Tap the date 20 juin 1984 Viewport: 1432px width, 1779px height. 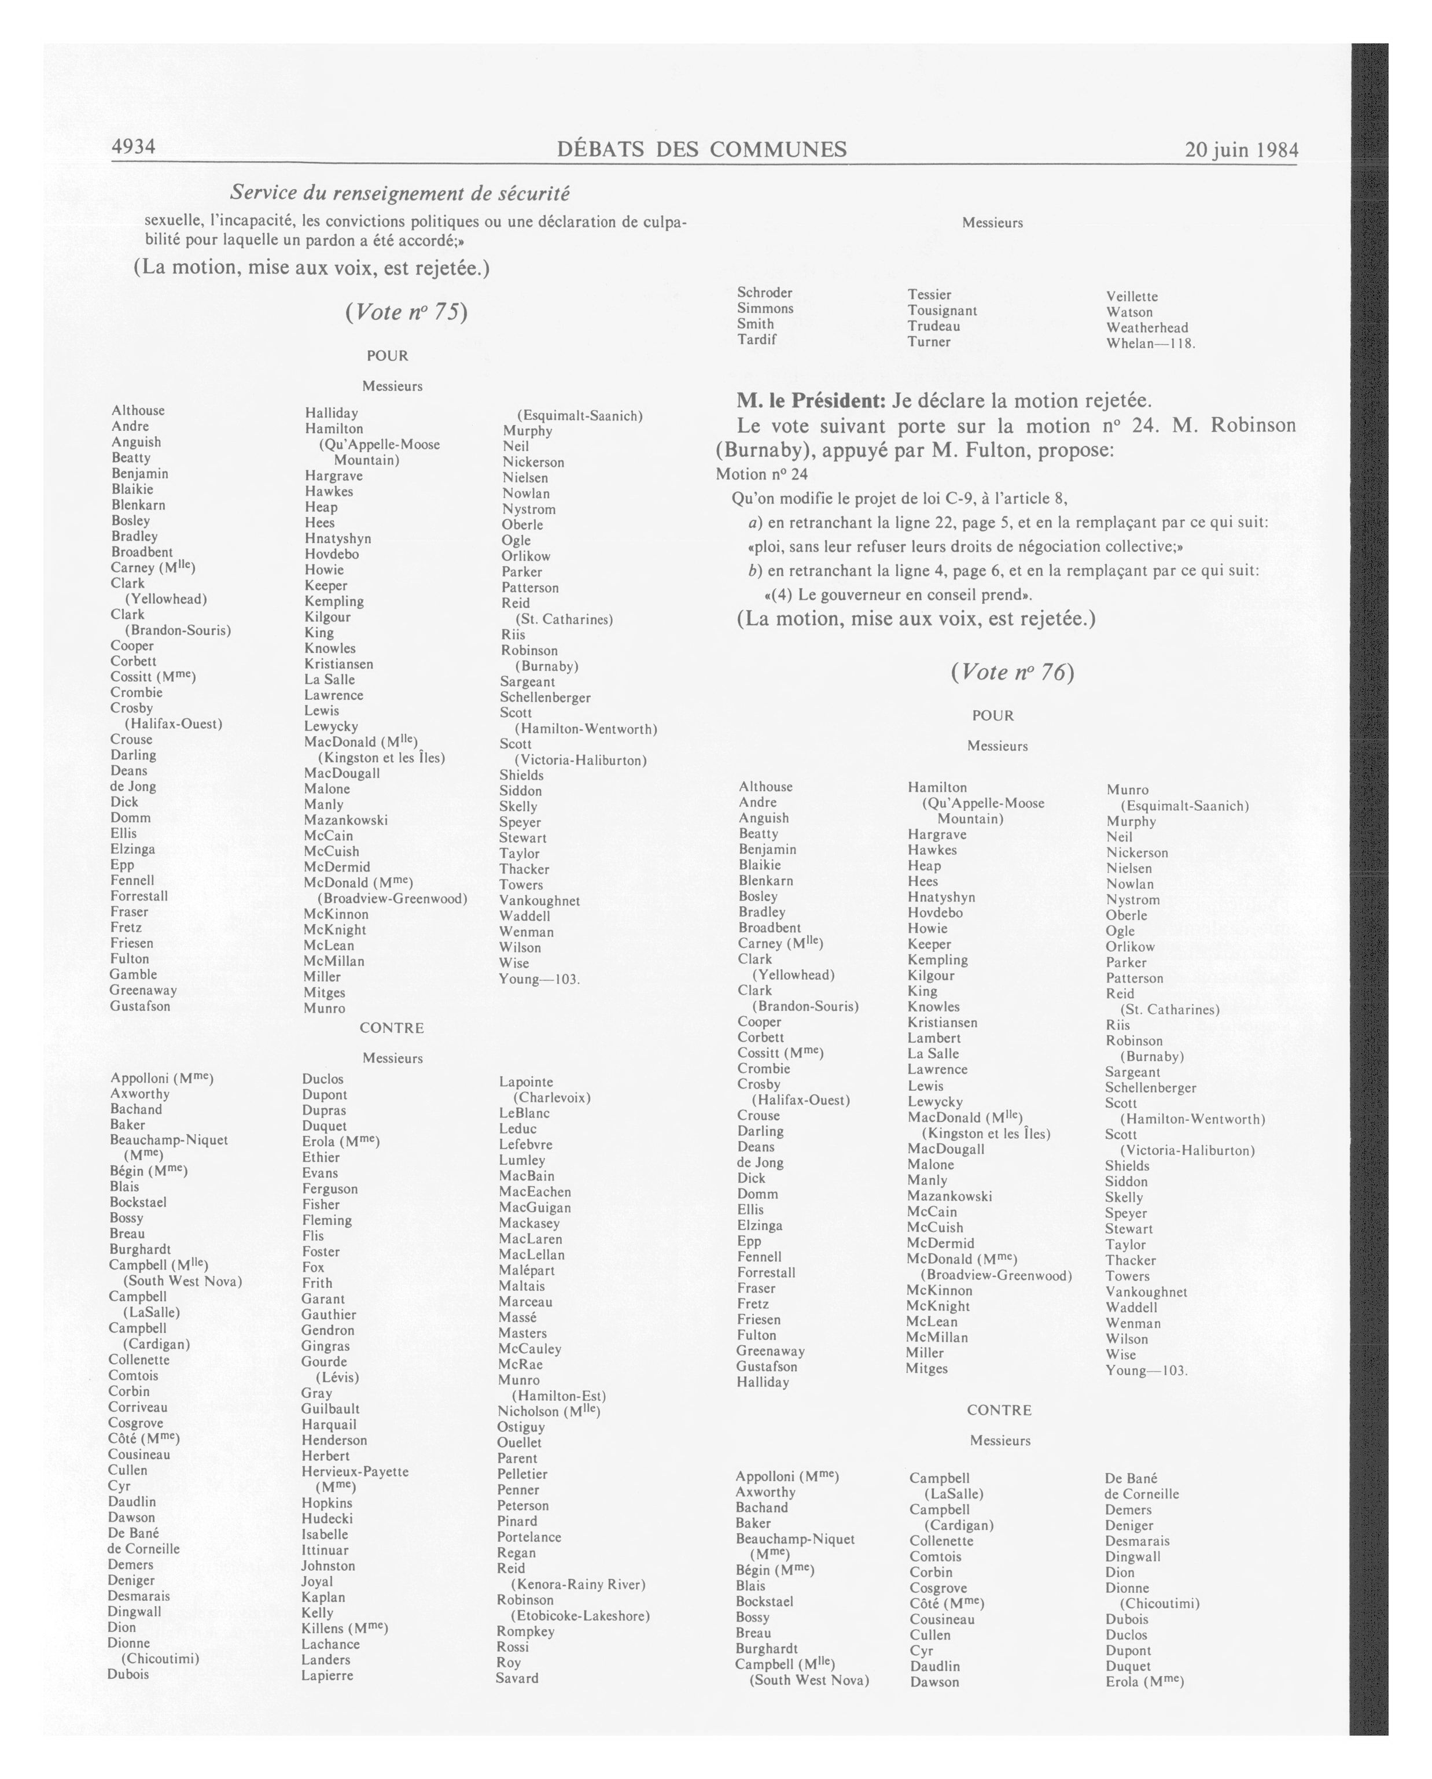pyautogui.click(x=1240, y=150)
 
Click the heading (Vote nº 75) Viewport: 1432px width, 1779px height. pyautogui.click(x=406, y=312)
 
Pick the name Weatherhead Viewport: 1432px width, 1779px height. pyautogui.click(x=1147, y=327)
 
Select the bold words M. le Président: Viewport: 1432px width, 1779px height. pyautogui.click(x=811, y=401)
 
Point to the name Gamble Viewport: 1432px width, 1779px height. pyautogui.click(x=133, y=975)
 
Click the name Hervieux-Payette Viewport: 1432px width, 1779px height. pyautogui.click(x=355, y=1471)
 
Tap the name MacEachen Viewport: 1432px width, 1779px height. pyautogui.click(x=534, y=1191)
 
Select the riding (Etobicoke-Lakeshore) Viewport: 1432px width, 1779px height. pyautogui.click(x=580, y=1616)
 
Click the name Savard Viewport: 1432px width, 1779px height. pyautogui.click(x=517, y=1678)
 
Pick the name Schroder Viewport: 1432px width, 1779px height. pyautogui.click(x=764, y=293)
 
